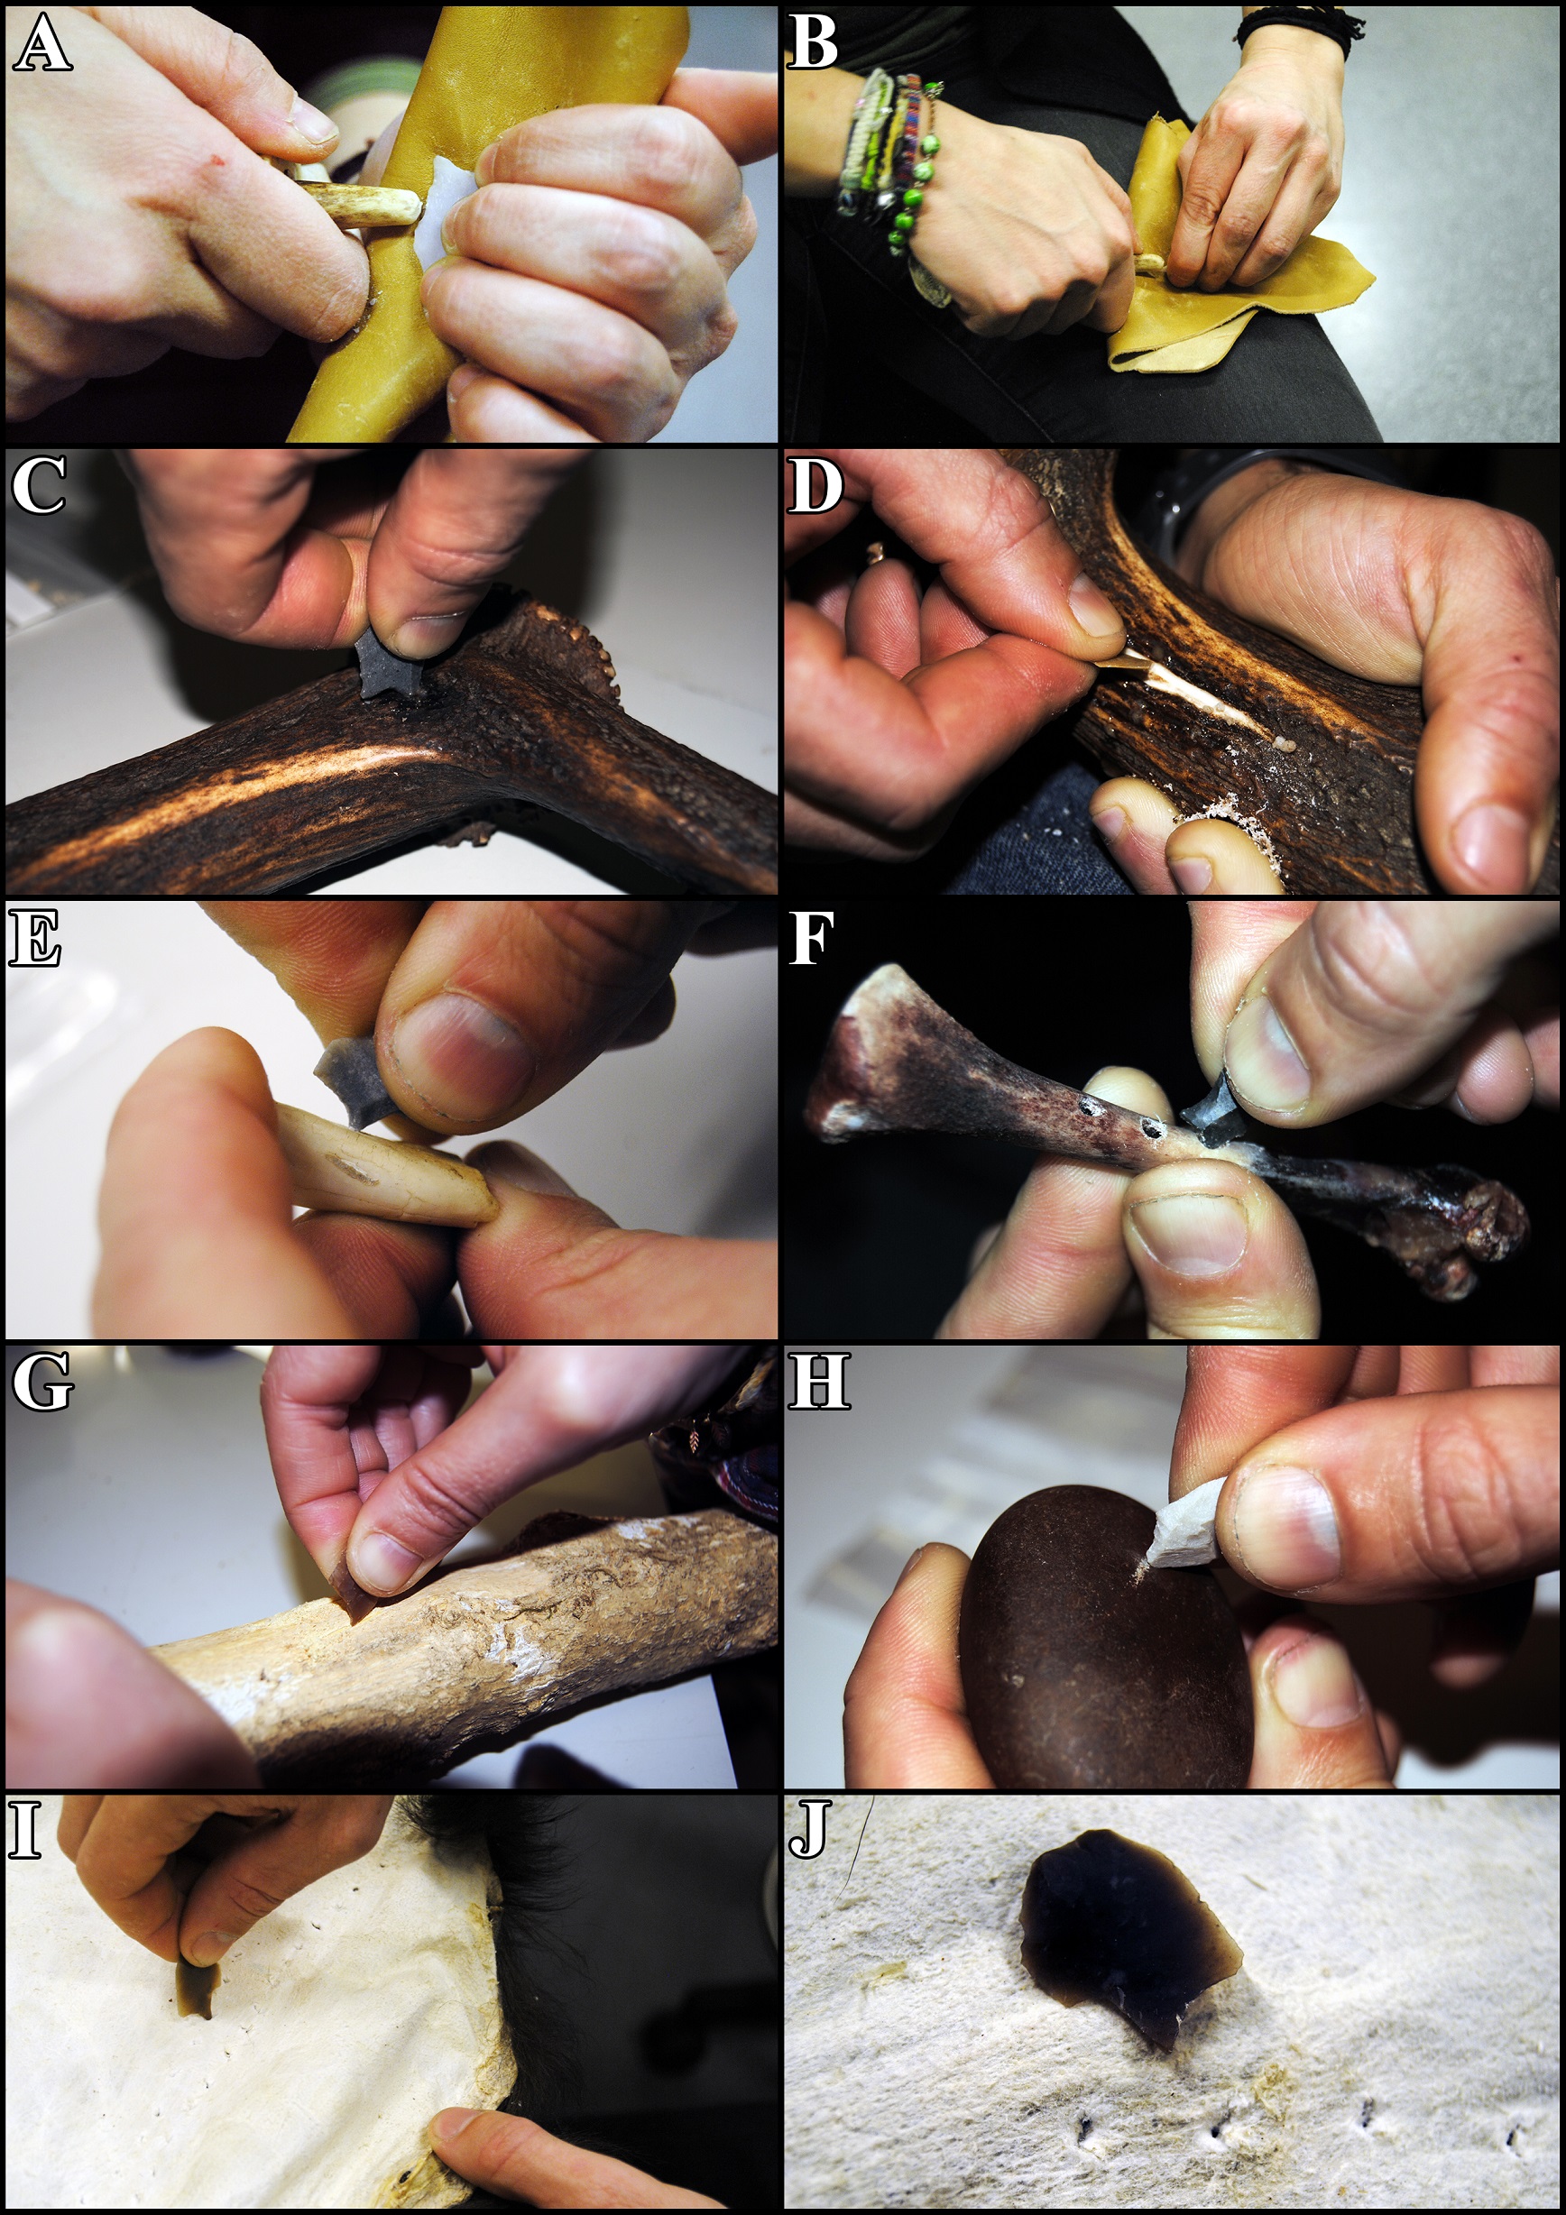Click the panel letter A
42,43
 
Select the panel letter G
42,1381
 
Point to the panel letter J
808,1828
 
